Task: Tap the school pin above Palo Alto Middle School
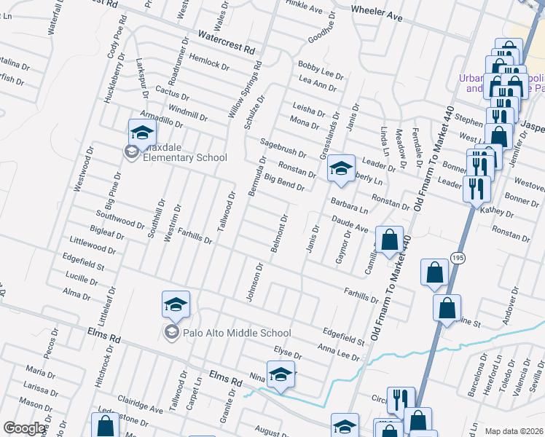pyautogui.click(x=176, y=304)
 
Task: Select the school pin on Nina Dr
pyautogui.click(x=281, y=374)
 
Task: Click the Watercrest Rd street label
pyautogui.click(x=227, y=42)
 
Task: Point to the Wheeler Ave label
pyautogui.click(x=377, y=13)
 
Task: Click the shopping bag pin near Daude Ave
pyautogui.click(x=390, y=240)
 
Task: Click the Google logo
pyautogui.click(x=25, y=428)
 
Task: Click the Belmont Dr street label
pyautogui.click(x=281, y=234)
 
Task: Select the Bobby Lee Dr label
pyautogui.click(x=321, y=74)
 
